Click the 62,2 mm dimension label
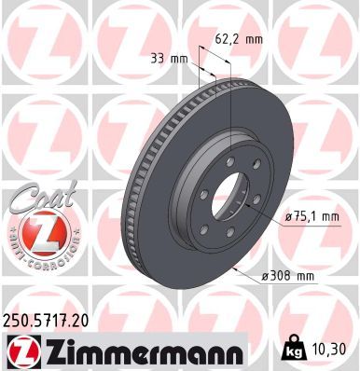[239, 39]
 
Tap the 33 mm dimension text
[169, 59]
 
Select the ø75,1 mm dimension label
[312, 216]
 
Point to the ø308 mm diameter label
[287, 275]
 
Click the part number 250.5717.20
[46, 321]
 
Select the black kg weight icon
[293, 348]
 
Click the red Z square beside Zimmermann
[23, 351]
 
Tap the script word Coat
[44, 197]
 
